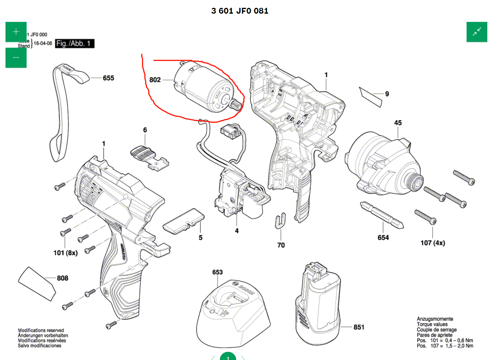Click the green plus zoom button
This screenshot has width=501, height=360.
coord(16,32)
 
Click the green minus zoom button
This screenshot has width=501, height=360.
coord(16,57)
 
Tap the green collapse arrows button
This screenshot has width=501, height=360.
coord(477,32)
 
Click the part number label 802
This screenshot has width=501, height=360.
coord(155,80)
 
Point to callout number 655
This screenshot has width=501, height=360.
coord(108,78)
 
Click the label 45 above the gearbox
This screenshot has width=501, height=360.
coord(398,123)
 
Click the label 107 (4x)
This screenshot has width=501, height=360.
coord(433,243)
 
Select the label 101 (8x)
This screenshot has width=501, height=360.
coord(66,253)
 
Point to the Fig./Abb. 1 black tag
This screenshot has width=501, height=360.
coord(75,43)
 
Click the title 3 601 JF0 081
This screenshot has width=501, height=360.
coord(240,11)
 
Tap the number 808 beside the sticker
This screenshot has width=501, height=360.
coord(63,278)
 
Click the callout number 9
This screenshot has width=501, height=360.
coord(387,94)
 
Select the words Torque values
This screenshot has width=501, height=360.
coord(432,324)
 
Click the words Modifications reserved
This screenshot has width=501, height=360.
coord(41,330)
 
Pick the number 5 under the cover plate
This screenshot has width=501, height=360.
coord(200,237)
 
